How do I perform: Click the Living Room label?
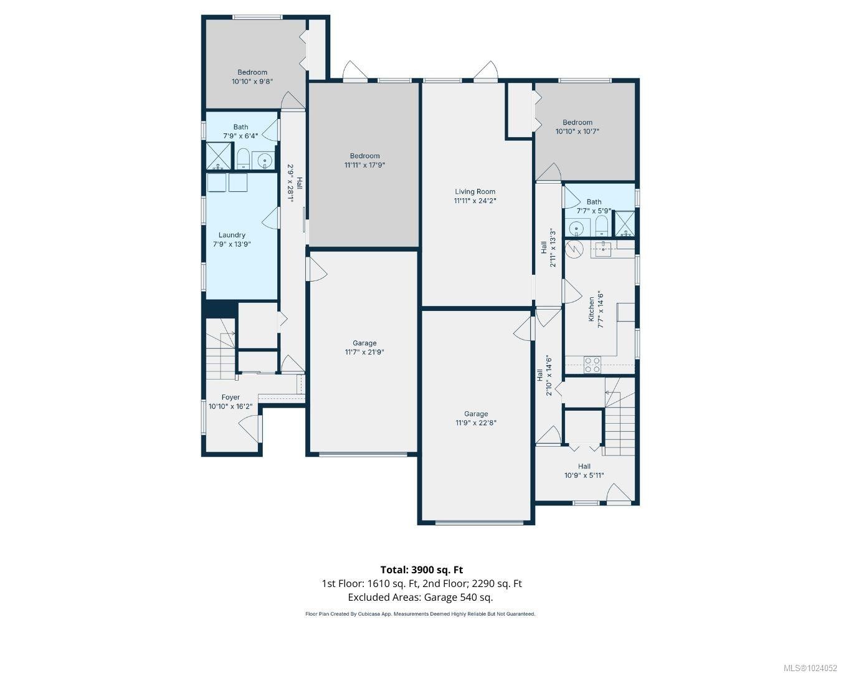click(475, 191)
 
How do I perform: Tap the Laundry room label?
click(232, 235)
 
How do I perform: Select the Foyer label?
click(230, 398)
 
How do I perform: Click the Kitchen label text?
click(591, 309)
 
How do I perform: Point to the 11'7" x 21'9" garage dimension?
click(364, 352)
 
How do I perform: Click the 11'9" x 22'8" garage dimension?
click(475, 422)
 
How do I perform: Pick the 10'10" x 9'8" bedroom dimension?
click(252, 82)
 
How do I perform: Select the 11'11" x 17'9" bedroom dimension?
click(364, 165)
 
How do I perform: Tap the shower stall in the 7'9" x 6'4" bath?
click(219, 156)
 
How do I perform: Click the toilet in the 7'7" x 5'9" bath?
click(601, 227)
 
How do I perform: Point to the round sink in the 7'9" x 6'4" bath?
click(265, 161)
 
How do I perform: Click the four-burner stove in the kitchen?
click(592, 365)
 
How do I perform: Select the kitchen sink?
click(603, 249)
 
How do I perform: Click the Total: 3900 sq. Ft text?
click(422, 570)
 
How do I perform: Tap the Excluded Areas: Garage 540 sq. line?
click(420, 597)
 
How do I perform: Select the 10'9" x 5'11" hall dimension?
click(584, 475)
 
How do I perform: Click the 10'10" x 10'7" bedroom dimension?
click(577, 131)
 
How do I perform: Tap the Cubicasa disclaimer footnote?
click(420, 614)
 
